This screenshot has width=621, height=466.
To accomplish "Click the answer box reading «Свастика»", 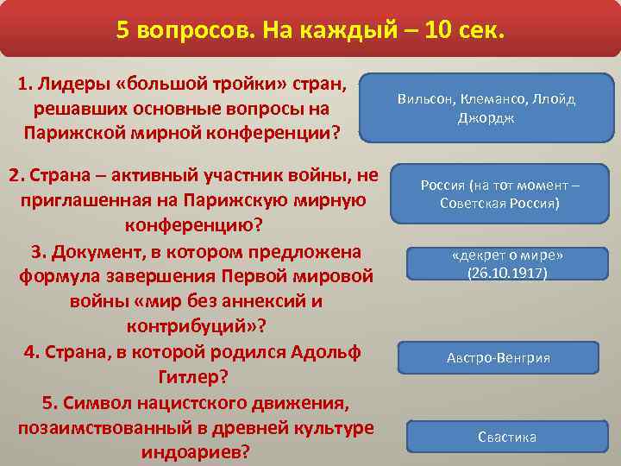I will coord(507,436).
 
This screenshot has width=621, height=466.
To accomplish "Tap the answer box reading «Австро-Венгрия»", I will coord(498,358).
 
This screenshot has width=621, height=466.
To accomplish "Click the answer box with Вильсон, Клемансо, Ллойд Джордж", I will coord(486,108).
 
